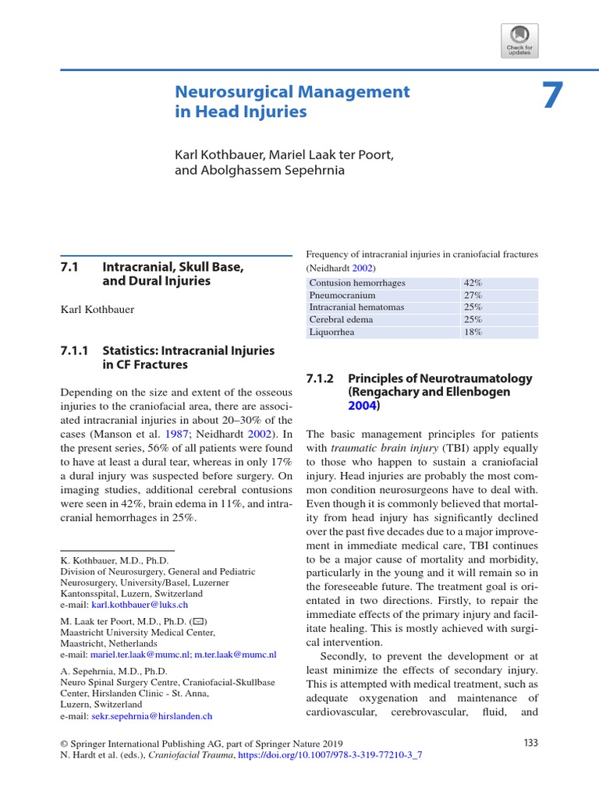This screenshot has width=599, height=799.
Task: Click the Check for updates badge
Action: tap(519, 41)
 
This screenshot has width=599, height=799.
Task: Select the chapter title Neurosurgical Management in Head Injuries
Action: tap(292, 101)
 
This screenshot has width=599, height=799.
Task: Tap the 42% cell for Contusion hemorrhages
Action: tap(473, 283)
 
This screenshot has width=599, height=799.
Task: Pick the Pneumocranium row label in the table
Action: tap(342, 296)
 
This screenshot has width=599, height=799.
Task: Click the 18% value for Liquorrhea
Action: tap(473, 332)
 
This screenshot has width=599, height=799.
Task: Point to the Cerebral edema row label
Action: tap(341, 319)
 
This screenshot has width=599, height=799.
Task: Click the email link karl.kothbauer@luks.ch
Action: tap(140, 605)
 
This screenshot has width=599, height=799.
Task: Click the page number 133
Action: tap(530, 743)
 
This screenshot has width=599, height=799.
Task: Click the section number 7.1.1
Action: tap(76, 350)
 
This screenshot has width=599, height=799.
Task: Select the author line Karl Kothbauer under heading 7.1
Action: tap(97, 310)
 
